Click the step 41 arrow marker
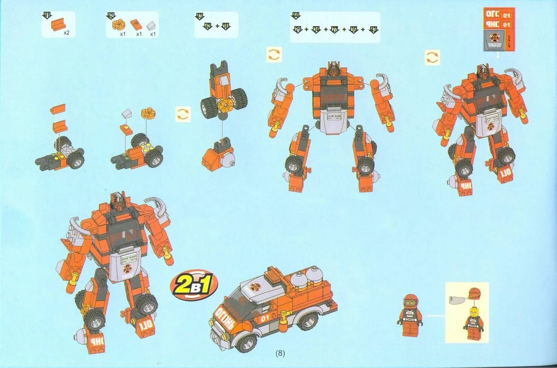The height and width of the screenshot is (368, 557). [47, 15]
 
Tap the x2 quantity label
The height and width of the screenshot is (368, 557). [67, 33]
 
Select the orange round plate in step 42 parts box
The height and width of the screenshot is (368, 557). [118, 25]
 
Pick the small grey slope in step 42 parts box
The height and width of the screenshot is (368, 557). [152, 26]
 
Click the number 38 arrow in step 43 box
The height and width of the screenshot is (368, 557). [226, 26]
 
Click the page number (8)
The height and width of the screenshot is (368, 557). [280, 353]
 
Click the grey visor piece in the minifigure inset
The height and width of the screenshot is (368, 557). [457, 300]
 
